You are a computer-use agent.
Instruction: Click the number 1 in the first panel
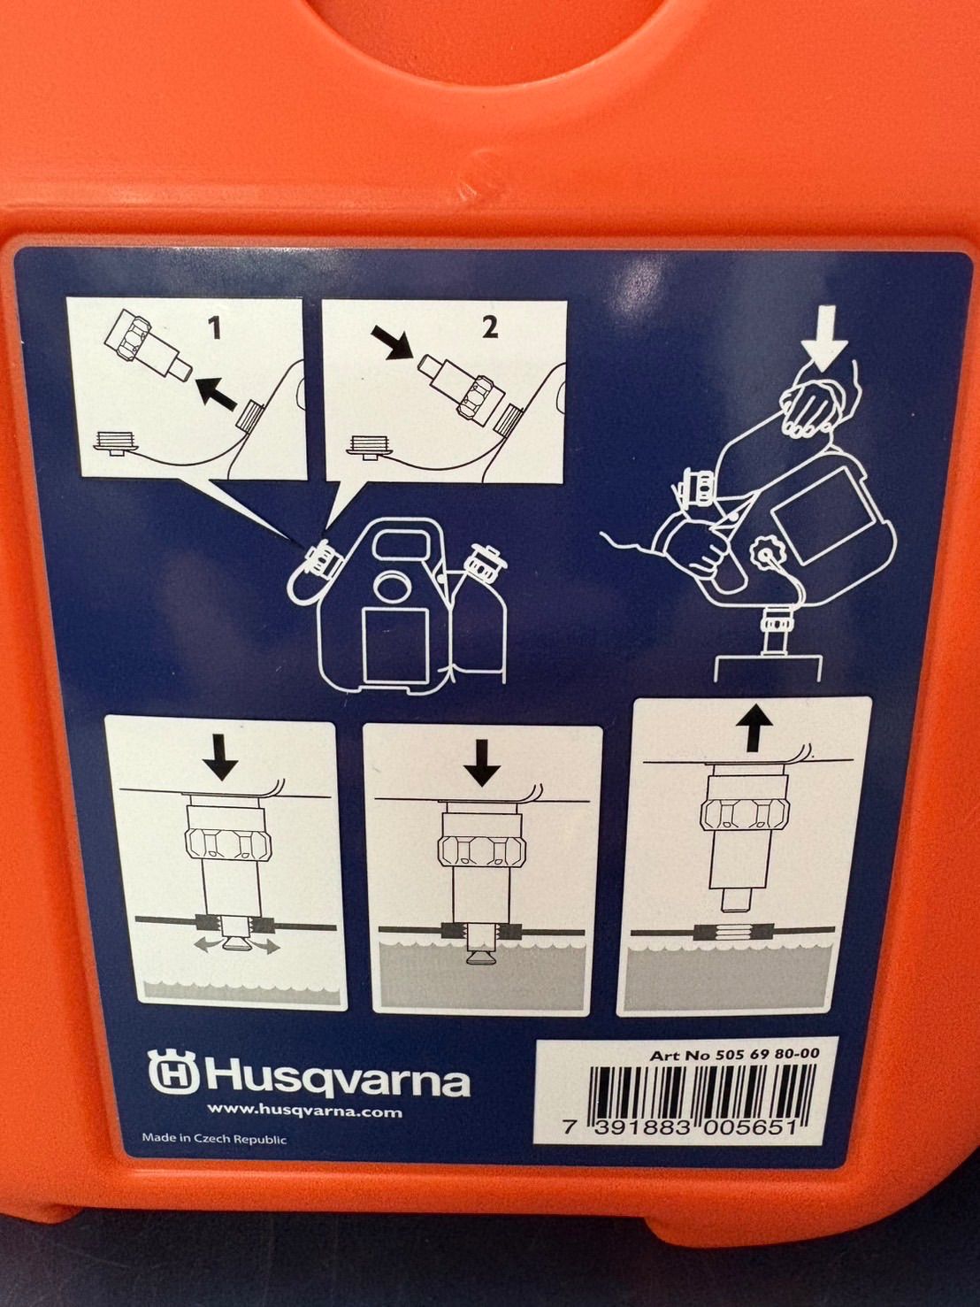point(216,328)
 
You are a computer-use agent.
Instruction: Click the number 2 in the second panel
point(489,327)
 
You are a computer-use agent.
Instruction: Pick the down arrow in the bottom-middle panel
point(483,762)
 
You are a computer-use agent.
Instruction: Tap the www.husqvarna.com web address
point(304,1128)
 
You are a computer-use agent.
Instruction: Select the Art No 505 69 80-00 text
point(734,1055)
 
